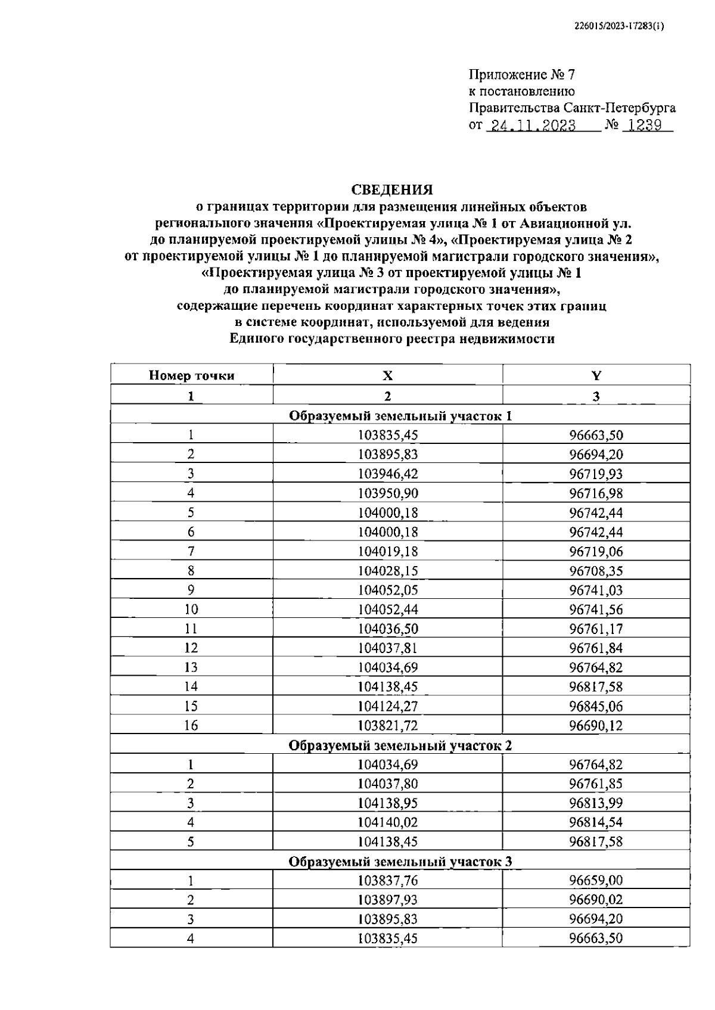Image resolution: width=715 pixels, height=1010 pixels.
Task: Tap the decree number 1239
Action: pyautogui.click(x=645, y=126)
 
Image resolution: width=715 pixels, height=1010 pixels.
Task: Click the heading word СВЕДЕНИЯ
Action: pyautogui.click(x=391, y=190)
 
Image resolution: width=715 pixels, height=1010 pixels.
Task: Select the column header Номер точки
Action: pyautogui.click(x=191, y=375)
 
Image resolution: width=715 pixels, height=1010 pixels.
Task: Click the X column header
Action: pyautogui.click(x=387, y=375)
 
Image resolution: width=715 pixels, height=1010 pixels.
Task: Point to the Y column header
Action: pyautogui.click(x=596, y=375)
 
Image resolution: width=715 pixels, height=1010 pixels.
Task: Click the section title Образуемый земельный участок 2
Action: pyautogui.click(x=400, y=745)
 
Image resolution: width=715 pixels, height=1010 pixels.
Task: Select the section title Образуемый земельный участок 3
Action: pyautogui.click(x=400, y=862)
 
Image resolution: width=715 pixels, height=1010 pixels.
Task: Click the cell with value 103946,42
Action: pyautogui.click(x=387, y=474)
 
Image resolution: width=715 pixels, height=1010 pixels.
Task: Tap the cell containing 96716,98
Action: pyautogui.click(x=596, y=493)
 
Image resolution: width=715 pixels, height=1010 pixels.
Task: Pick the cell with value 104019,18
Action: pyautogui.click(x=387, y=551)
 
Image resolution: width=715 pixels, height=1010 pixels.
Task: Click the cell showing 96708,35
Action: pyautogui.click(x=596, y=571)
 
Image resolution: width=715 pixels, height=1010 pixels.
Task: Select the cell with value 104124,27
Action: pyautogui.click(x=387, y=706)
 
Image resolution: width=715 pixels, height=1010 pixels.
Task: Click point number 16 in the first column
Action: pyautogui.click(x=191, y=726)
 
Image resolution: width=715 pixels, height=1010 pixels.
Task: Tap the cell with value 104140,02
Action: pyautogui.click(x=387, y=823)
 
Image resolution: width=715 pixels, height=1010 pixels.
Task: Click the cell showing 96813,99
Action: pyautogui.click(x=596, y=803)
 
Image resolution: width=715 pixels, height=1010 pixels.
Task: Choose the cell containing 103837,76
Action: pyautogui.click(x=387, y=881)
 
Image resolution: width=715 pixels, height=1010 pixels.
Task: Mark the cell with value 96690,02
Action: pyautogui.click(x=596, y=900)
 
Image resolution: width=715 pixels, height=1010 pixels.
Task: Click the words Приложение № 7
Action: pyautogui.click(x=522, y=75)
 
